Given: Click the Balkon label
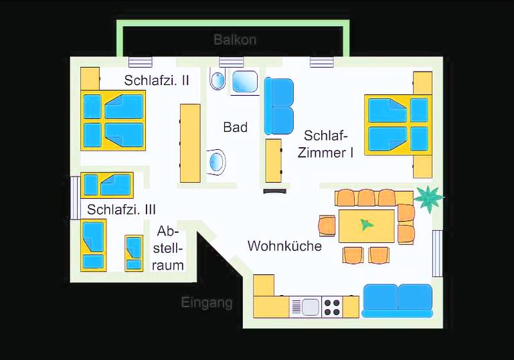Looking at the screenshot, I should tap(235, 39).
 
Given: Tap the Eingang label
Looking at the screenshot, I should tap(207, 302).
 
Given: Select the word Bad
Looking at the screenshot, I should tap(236, 127).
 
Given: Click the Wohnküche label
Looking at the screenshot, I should tap(284, 246).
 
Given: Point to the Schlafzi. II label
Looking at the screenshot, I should tap(157, 80).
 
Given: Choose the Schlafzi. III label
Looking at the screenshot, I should tap(121, 209).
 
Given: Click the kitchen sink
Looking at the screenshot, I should tap(309, 306).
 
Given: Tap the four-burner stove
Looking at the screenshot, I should tap(332, 306).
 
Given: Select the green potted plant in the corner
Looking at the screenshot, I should tap(428, 198).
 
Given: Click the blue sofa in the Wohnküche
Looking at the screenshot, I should tap(398, 300).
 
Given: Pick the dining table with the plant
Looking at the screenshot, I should tap(366, 226).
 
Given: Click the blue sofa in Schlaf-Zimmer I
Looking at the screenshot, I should tap(278, 106).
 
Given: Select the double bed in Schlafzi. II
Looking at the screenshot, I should tap(113, 121).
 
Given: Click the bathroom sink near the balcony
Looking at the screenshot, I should tap(218, 80).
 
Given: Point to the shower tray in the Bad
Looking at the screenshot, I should tap(245, 81).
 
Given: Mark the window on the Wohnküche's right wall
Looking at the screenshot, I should tap(437, 252).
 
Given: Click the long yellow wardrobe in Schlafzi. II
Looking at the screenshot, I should tap(189, 143).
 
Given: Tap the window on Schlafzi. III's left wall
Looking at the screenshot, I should tap(75, 198).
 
